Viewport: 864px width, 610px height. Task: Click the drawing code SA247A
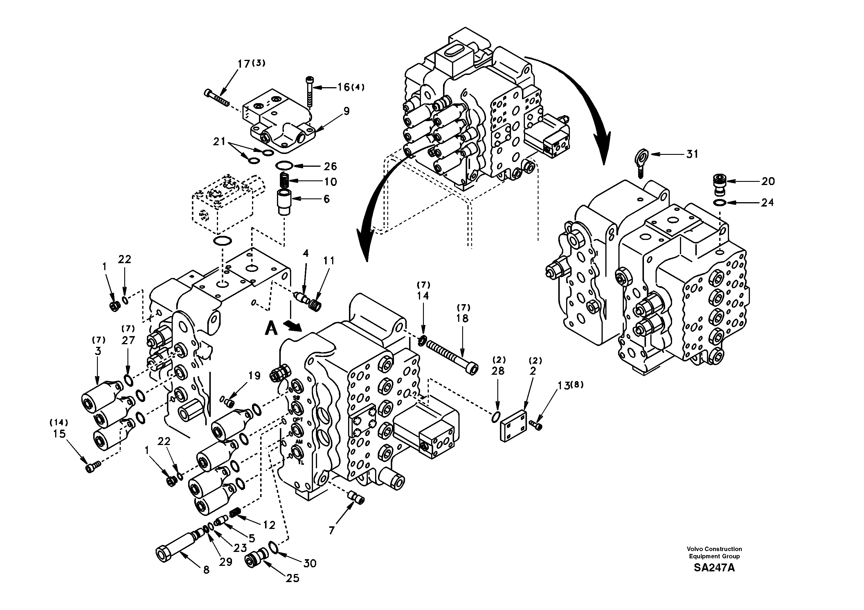click(714, 568)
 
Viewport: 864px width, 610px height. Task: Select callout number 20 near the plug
click(768, 182)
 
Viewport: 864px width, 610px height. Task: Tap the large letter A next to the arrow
click(271, 329)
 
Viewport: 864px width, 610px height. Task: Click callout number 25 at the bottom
click(292, 578)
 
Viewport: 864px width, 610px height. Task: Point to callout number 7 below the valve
click(331, 530)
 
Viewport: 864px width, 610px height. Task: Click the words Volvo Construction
click(714, 549)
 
